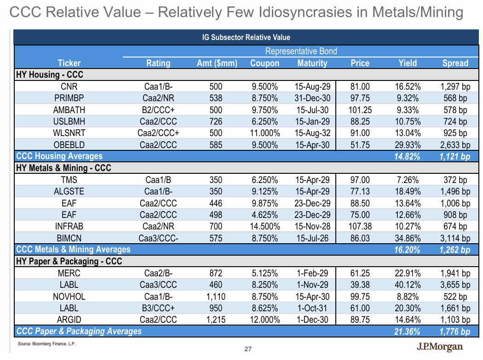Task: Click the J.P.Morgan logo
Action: coord(439,347)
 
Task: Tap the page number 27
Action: coord(247,349)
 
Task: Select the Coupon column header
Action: coord(264,63)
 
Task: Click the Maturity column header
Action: coord(312,63)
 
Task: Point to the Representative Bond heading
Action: coord(301,51)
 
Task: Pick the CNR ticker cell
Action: coord(69,86)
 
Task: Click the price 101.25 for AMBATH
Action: coord(360,110)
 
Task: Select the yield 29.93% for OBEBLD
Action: coord(407,145)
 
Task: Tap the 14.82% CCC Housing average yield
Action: coord(407,157)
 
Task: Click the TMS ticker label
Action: coord(69,180)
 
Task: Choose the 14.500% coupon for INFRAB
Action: coord(264,226)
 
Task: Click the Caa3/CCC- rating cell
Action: coord(158,238)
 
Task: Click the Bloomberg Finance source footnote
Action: coord(46,344)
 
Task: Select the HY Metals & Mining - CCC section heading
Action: coord(63,168)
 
